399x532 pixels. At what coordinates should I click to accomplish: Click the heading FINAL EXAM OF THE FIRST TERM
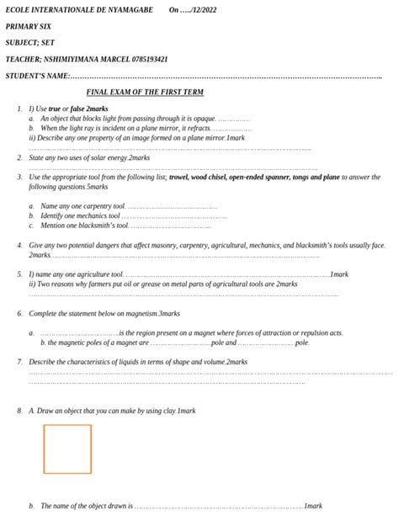click(x=145, y=91)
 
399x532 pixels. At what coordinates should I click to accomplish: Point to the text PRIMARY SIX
click(x=29, y=26)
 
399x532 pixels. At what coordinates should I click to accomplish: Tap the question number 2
click(x=19, y=157)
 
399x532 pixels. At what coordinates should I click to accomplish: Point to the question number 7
click(x=19, y=361)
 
